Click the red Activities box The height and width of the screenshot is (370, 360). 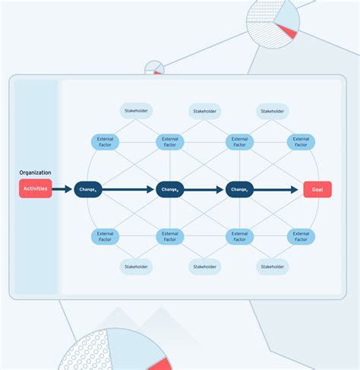[x=35, y=188]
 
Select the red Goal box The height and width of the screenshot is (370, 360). [x=317, y=189]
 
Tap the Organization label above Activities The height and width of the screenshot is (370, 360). [x=35, y=172]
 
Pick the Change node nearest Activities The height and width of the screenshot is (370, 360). [x=88, y=189]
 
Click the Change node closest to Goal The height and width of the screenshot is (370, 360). [x=239, y=189]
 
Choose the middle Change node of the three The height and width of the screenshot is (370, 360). [x=170, y=189]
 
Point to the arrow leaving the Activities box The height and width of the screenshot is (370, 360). [x=62, y=189]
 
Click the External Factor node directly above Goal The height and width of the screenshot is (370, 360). [x=301, y=142]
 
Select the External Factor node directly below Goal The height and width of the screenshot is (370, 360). [x=301, y=237]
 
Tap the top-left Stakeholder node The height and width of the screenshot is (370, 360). [x=136, y=112]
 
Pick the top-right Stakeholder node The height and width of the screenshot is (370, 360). [x=272, y=112]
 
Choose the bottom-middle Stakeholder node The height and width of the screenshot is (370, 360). [x=204, y=267]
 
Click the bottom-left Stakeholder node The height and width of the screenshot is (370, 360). [x=136, y=267]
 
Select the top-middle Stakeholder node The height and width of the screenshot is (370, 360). [x=204, y=112]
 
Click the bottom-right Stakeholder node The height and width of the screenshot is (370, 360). [x=272, y=267]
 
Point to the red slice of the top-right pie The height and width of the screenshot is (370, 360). [x=286, y=30]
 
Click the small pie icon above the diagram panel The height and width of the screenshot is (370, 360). [x=154, y=68]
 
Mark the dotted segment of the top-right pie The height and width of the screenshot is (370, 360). [x=262, y=11]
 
